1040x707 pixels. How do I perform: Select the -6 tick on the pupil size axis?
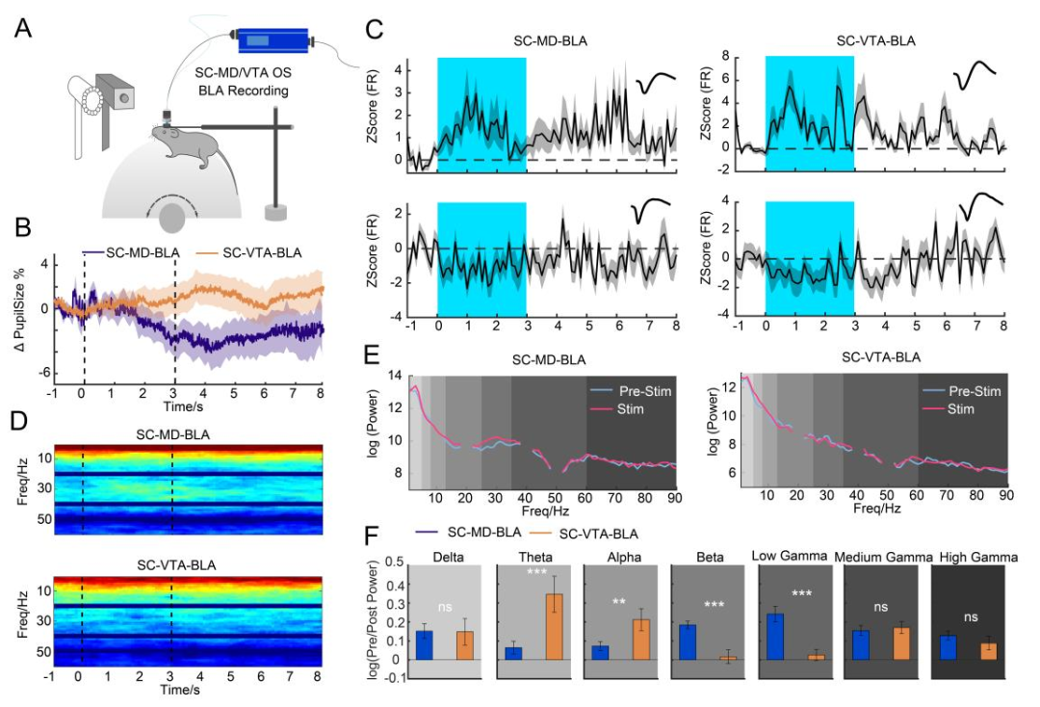click(44, 373)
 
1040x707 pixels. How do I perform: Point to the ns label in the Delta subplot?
click(444, 609)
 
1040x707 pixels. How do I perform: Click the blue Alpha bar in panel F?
click(600, 652)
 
